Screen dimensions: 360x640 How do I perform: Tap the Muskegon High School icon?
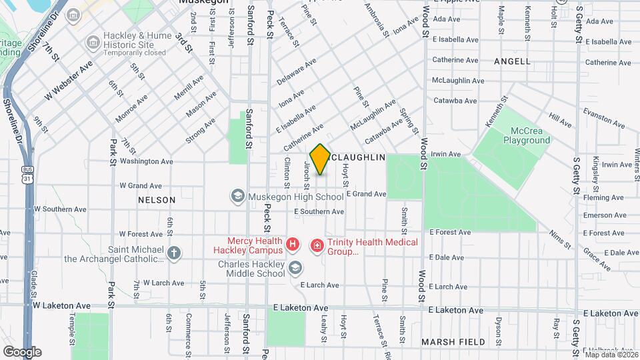(237, 197)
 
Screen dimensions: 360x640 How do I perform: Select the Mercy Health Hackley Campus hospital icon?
(292, 246)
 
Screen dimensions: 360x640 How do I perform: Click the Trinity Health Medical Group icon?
(317, 246)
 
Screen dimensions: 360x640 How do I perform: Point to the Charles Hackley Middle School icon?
(295, 268)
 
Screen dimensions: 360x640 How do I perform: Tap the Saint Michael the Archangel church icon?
(174, 253)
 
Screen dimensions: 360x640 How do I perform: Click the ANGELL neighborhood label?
(512, 61)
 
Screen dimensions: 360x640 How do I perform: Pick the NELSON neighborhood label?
(157, 200)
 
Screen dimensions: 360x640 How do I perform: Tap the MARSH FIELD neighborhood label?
(453, 342)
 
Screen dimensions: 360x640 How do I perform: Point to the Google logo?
(22, 351)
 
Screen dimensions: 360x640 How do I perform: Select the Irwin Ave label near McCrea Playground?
(446, 154)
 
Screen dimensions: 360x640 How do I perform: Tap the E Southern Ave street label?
(319, 211)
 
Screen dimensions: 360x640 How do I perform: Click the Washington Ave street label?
(146, 161)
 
